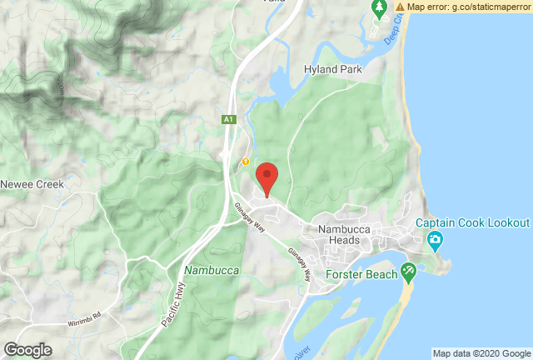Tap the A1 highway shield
pos(228,121)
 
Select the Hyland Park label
pos(333,70)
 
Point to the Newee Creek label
pos(27,184)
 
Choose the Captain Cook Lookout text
pos(473,223)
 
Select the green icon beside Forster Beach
pos(407,271)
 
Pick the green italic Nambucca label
pos(212,271)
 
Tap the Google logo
pos(27,350)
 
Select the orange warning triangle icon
pos(401,7)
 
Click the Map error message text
pos(469,7)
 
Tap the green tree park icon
pos(379,9)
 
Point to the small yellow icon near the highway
pos(246,161)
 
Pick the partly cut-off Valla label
pos(271,2)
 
